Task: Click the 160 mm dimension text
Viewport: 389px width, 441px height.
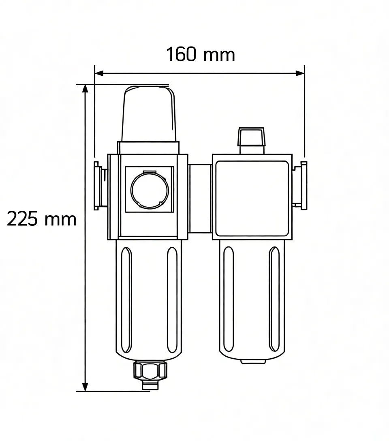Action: click(201, 54)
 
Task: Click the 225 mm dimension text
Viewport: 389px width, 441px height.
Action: click(42, 219)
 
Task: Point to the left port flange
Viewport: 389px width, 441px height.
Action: click(98, 186)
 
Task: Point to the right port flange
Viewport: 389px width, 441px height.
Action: click(303, 184)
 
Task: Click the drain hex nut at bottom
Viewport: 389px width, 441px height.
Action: click(150, 370)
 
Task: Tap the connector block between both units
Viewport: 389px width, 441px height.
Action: click(200, 199)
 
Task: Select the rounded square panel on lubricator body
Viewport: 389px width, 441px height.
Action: click(252, 198)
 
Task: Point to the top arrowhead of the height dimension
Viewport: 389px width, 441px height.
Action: click(85, 88)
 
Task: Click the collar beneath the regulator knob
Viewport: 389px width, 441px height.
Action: click(148, 147)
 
